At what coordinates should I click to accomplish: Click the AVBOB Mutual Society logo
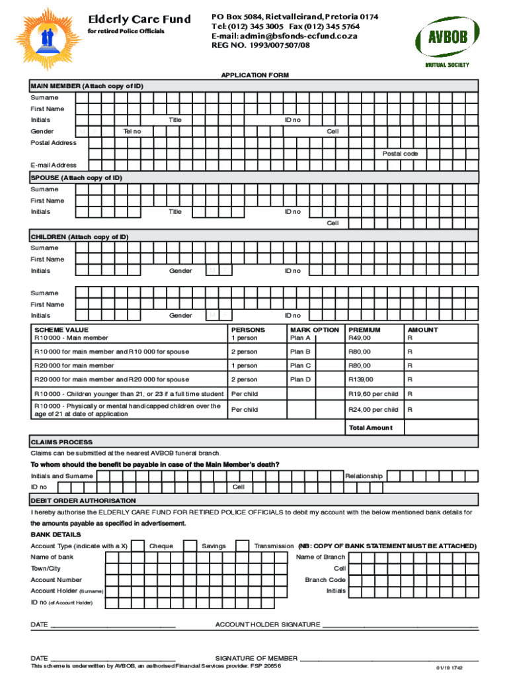[x=447, y=40]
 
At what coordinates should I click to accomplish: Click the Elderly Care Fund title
[x=139, y=19]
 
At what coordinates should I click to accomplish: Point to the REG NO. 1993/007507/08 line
[x=260, y=45]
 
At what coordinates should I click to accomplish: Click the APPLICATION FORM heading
[x=255, y=75]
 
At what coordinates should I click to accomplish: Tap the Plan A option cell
[x=314, y=338]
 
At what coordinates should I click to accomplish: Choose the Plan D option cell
[x=314, y=379]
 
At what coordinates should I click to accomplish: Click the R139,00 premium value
[x=361, y=379]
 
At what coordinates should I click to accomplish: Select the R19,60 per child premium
[x=373, y=393]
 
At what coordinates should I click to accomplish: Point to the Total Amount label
[x=370, y=428]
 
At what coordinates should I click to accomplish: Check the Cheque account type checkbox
[x=138, y=546]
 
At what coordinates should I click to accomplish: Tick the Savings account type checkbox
[x=191, y=546]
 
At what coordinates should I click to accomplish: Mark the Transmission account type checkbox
[x=243, y=546]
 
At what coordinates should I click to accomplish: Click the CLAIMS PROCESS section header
[x=61, y=442]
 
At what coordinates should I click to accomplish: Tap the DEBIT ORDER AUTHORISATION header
[x=83, y=501]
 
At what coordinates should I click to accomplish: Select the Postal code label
[x=400, y=154]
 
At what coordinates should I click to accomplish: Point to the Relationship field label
[x=364, y=476]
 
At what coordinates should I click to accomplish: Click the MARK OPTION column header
[x=314, y=330]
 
